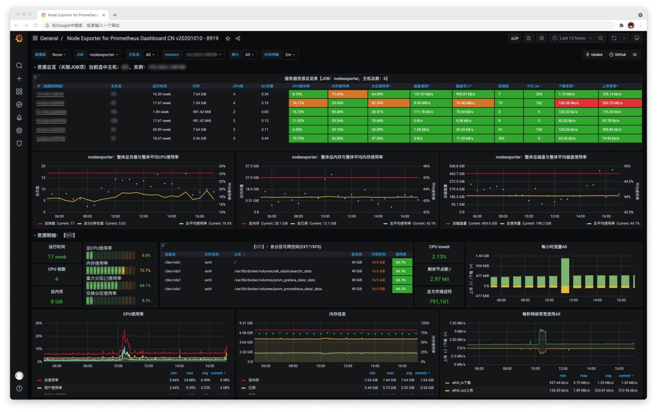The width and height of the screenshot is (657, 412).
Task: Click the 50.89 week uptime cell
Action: [x=162, y=129]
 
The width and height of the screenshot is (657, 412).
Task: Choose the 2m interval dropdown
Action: [x=291, y=54]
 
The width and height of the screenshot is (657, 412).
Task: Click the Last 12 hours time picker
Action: [x=572, y=38]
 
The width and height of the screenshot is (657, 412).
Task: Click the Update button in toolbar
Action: [x=594, y=54]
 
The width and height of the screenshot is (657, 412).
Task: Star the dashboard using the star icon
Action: [x=228, y=38]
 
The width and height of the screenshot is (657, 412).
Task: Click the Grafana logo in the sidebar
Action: [x=19, y=38]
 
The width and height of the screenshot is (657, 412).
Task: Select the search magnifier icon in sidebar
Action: [x=19, y=66]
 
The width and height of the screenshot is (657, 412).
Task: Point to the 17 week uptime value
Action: [x=57, y=257]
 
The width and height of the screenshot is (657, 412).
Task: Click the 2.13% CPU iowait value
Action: [x=439, y=257]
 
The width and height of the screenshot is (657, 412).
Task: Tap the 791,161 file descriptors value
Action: [x=439, y=301]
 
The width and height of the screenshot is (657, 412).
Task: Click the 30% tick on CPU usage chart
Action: [x=38, y=323]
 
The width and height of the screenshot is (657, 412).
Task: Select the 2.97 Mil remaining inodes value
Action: [x=439, y=279]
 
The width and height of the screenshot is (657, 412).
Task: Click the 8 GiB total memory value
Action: [x=57, y=301]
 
